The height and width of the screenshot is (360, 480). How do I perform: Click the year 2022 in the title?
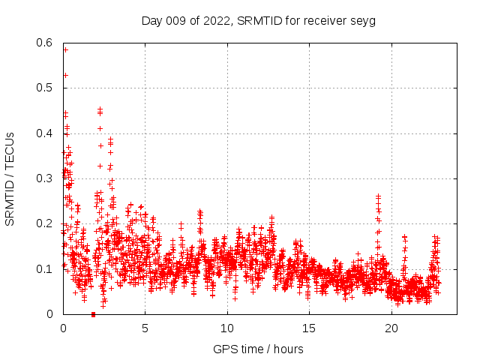coord(215,20)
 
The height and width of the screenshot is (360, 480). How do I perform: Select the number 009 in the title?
coord(177,20)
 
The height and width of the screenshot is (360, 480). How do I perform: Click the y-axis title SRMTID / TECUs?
coord(10,179)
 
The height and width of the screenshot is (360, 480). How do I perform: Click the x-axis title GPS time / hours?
coord(258,349)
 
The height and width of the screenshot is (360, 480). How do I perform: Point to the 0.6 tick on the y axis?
coord(46,43)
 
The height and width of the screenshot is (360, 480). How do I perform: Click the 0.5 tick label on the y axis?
coord(46,88)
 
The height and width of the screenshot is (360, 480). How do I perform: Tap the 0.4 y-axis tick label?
coord(46,133)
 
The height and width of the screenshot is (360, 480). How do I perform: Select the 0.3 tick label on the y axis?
coord(46,178)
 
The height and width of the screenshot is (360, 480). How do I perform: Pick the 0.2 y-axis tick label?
coord(46,223)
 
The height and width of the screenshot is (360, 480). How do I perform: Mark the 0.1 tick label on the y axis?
coord(46,268)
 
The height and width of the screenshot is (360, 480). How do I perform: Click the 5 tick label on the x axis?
coord(145,328)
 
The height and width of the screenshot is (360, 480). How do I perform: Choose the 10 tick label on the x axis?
coord(227,328)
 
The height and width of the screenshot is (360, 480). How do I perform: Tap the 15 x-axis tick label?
coord(309,328)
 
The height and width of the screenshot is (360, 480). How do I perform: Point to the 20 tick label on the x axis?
coord(391,328)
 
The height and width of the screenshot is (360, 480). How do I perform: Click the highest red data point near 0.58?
coord(65,49)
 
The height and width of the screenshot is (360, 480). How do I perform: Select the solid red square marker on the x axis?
coord(93,314)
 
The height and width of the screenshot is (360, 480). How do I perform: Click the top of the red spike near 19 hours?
coord(378,196)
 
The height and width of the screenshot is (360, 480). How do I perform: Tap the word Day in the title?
coord(152,20)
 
